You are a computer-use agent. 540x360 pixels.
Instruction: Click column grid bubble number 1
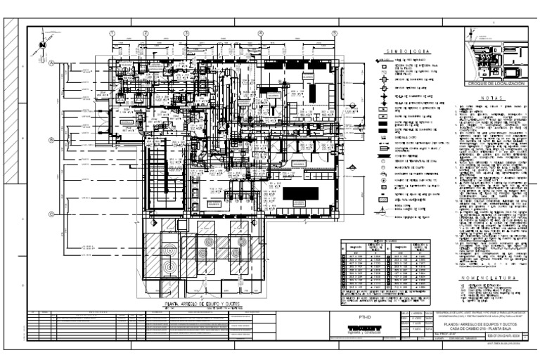click(x=112, y=34)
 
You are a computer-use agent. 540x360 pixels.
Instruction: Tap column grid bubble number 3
click(x=186, y=34)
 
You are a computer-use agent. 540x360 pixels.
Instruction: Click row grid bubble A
click(x=52, y=62)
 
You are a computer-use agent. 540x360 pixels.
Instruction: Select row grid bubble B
click(x=52, y=140)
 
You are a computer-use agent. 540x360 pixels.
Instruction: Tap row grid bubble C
click(x=52, y=214)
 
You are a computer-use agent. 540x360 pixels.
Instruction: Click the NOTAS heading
click(x=489, y=98)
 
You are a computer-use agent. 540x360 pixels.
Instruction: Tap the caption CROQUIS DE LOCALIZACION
click(x=489, y=84)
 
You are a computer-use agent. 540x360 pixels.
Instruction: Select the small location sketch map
click(x=489, y=56)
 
